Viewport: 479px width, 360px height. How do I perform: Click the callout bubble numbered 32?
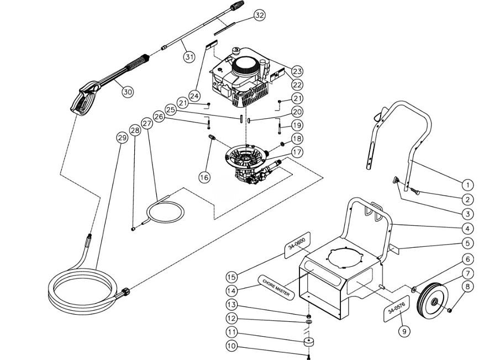tap(259, 15)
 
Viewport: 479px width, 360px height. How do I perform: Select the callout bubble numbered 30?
tap(128, 92)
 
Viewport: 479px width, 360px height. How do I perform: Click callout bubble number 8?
tap(467, 287)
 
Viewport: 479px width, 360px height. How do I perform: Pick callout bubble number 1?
tap(467, 185)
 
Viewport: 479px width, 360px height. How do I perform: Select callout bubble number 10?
tap(232, 347)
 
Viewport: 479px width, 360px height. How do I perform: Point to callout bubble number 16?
tap(205, 177)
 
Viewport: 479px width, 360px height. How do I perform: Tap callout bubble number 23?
tap(298, 71)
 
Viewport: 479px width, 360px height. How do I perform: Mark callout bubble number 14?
tap(232, 291)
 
